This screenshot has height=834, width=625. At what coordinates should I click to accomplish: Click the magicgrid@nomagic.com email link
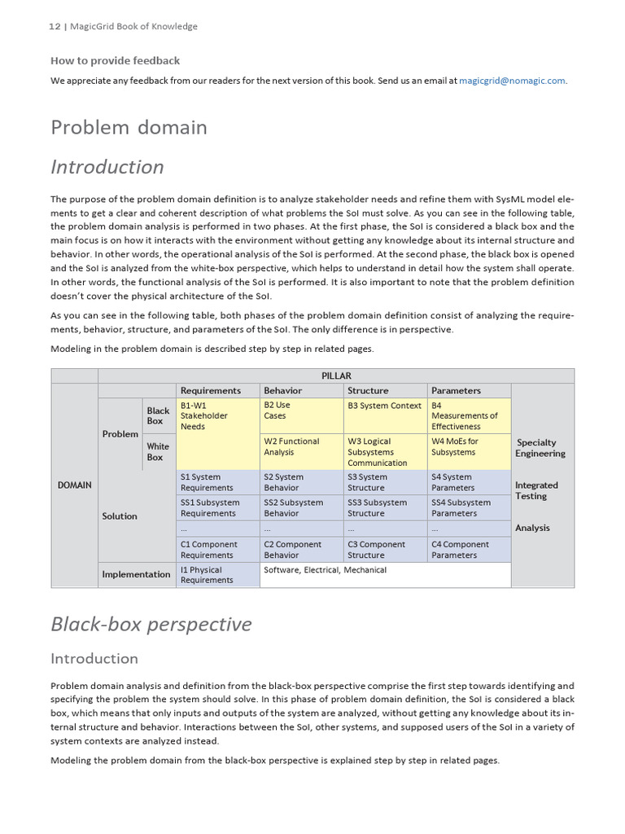(x=512, y=81)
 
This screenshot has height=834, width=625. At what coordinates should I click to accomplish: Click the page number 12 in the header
(x=55, y=26)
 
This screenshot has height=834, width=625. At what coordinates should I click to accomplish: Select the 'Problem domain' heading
(x=129, y=127)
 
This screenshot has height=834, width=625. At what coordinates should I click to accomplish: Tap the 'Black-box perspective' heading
(x=151, y=624)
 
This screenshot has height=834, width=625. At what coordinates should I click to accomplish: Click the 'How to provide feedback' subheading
(x=115, y=60)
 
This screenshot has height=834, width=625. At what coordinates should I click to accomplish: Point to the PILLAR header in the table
(x=336, y=375)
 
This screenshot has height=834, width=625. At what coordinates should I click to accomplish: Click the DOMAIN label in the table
(x=74, y=485)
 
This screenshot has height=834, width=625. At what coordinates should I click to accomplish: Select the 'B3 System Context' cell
(x=384, y=406)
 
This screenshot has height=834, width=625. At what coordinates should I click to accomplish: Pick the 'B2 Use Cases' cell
(x=277, y=410)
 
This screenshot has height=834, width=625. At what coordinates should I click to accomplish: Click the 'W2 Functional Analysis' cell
(x=291, y=446)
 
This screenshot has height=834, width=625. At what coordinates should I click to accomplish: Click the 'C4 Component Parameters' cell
(x=460, y=550)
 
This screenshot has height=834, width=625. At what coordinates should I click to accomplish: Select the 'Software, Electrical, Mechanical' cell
(x=326, y=570)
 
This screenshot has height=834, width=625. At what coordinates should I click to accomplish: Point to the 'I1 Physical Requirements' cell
(x=201, y=575)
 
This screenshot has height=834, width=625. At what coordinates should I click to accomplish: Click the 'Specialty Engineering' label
(x=540, y=448)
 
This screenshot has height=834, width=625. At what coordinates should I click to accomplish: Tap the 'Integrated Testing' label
(x=536, y=490)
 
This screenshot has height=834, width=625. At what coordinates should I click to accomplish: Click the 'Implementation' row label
(x=136, y=574)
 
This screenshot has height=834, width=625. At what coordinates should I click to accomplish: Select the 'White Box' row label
(x=158, y=452)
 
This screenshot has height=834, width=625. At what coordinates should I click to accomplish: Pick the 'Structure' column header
(x=368, y=390)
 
